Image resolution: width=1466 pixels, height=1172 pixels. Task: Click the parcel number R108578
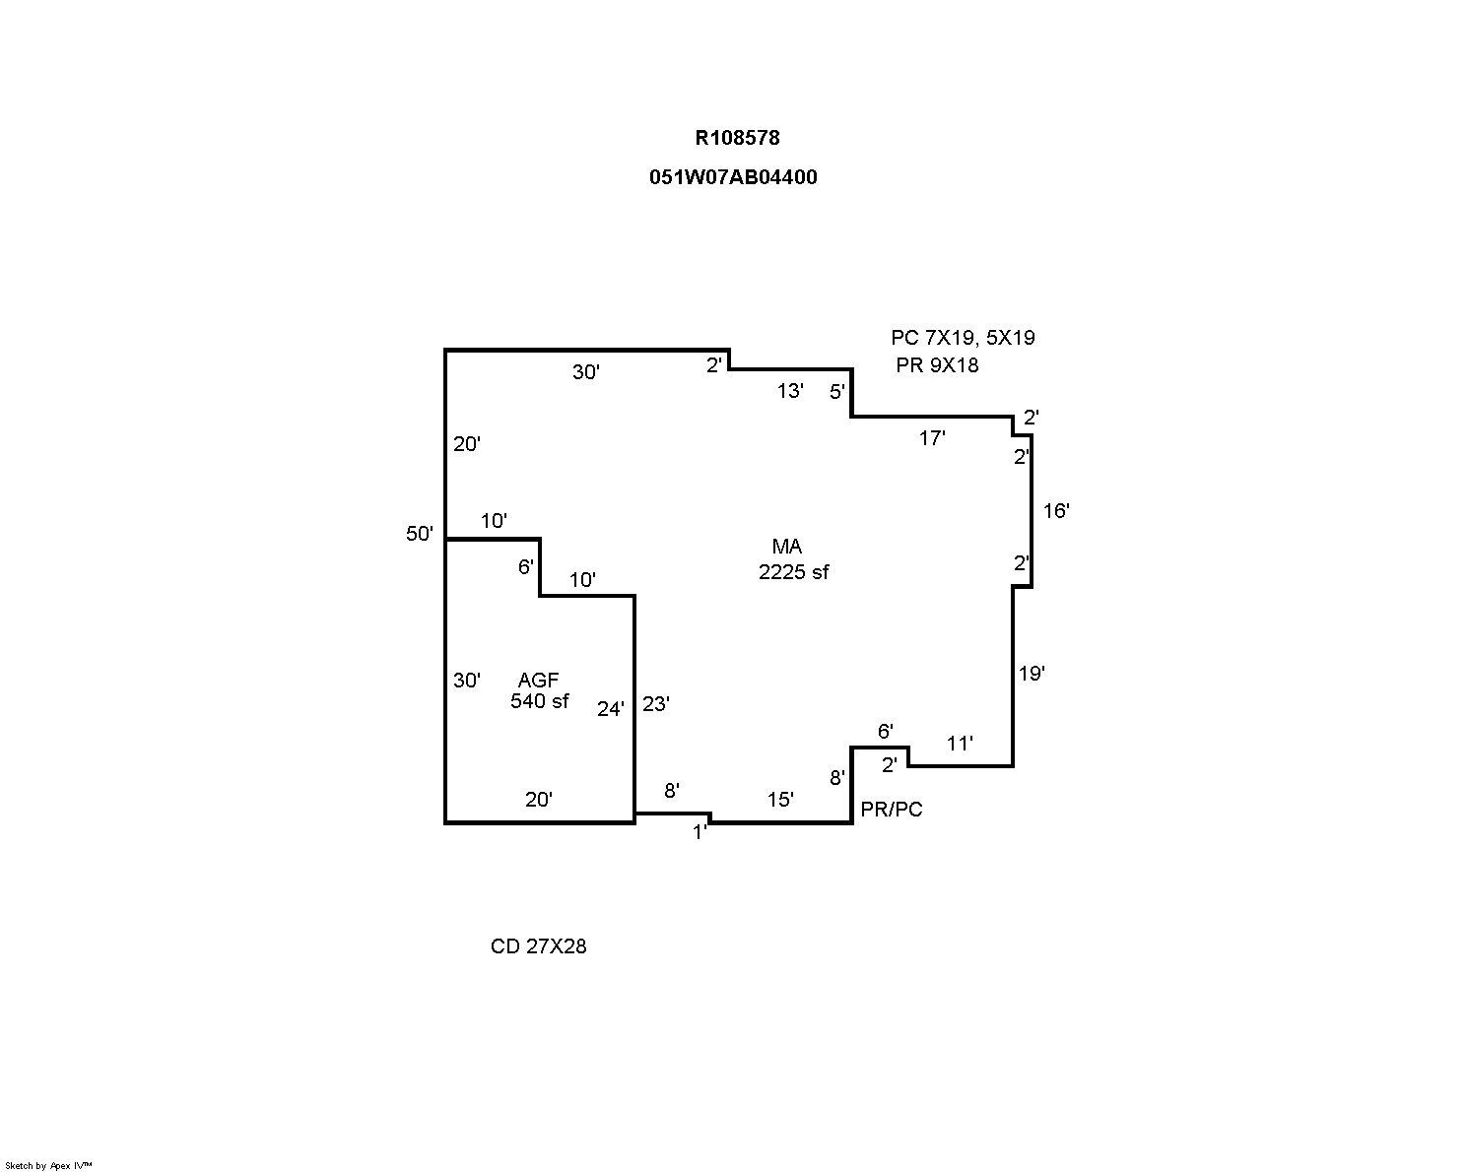pos(737,138)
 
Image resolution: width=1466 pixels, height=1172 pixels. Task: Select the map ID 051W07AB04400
pos(733,177)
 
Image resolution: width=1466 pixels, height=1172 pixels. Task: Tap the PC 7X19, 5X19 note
pos(963,338)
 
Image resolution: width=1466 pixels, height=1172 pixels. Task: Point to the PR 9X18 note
pos(937,365)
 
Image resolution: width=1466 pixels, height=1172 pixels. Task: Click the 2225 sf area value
pos(793,572)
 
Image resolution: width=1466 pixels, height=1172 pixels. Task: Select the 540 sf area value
pos(540,701)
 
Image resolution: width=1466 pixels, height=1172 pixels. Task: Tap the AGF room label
pos(538,680)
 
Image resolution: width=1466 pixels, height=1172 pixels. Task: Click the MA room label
pos(786,547)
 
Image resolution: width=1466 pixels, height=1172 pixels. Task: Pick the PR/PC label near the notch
pos(892,810)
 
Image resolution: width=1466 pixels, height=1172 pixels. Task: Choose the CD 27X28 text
pos(539,946)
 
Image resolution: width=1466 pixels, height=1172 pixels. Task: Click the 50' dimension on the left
pos(420,534)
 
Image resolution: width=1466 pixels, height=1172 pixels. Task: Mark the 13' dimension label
pos(790,391)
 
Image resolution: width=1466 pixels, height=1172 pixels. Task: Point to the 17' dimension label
pos(932,438)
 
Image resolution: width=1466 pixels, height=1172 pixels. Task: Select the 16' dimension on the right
pos(1056,510)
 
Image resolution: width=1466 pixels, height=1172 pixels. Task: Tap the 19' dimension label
pos(1032,674)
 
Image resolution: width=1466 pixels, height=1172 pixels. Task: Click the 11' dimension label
pos(960,744)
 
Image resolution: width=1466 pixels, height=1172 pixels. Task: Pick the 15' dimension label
pos(780,800)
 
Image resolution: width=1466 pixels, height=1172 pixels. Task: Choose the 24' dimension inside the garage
pos(611,708)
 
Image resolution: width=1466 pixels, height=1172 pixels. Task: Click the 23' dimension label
pos(656,703)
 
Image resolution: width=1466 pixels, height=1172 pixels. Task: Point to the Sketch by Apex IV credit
pos(49,1165)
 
